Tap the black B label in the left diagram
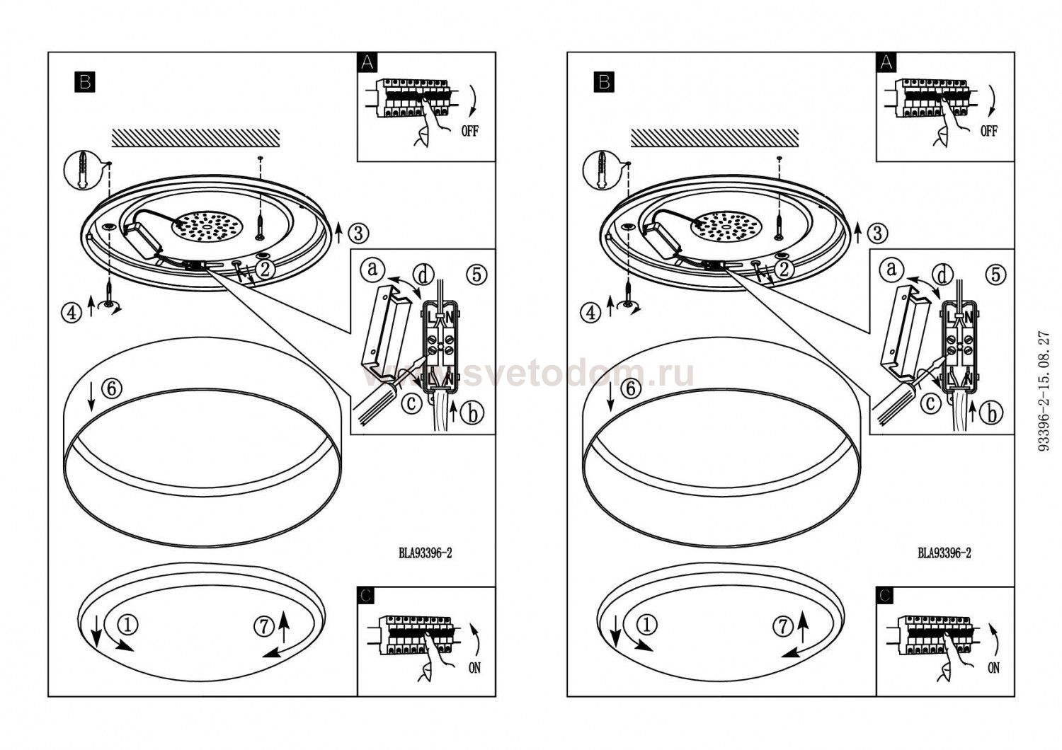(x=84, y=82)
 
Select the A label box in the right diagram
(x=886, y=62)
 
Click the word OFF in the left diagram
(x=469, y=131)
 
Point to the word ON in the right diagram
(x=993, y=667)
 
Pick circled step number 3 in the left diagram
(x=359, y=231)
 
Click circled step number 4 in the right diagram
(x=590, y=312)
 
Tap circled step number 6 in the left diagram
(x=112, y=388)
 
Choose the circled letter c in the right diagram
(x=930, y=403)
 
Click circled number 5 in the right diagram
(x=996, y=274)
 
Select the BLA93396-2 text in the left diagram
(x=425, y=553)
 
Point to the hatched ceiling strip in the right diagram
(x=714, y=137)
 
